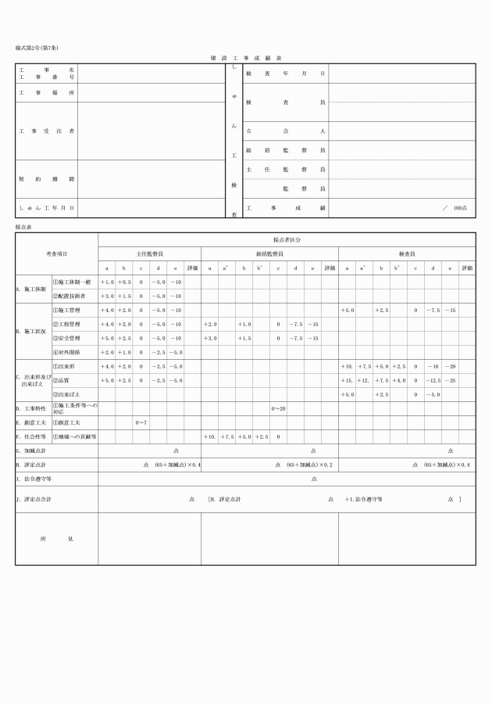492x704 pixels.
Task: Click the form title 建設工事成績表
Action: point(246,58)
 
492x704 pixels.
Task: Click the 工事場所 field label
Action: point(47,93)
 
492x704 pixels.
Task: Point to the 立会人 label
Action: point(285,131)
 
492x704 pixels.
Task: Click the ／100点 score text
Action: point(455,208)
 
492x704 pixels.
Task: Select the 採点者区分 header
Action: point(287,239)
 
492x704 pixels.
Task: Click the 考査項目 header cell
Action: point(56,253)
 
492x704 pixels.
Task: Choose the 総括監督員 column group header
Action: point(269,253)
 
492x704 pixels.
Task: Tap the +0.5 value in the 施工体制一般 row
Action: point(124,282)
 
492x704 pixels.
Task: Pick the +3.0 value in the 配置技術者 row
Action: point(107,296)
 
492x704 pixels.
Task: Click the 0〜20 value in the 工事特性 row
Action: point(278,408)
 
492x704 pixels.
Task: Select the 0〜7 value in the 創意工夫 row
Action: point(141,422)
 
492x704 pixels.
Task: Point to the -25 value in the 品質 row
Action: point(451,380)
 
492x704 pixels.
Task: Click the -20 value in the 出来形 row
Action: point(451,366)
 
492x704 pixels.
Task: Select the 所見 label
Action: point(56,539)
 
